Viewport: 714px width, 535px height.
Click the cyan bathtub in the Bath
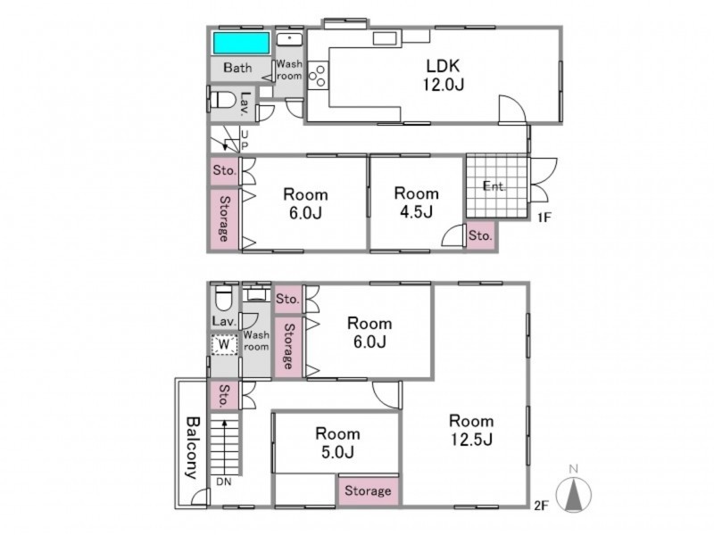point(241,43)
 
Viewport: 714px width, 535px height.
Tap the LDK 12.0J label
point(443,75)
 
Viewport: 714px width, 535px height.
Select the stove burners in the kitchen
point(318,76)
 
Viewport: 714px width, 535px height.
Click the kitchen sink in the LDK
point(386,38)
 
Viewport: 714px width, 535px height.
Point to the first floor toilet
point(223,100)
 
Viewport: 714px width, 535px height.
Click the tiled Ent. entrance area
point(497,186)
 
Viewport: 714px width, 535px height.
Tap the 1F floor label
point(544,218)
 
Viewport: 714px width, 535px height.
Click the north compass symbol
point(574,490)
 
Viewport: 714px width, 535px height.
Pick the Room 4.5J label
point(416,202)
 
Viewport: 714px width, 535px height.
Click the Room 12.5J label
point(471,430)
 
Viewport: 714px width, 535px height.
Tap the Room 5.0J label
point(337,442)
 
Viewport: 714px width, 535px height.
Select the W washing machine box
point(224,345)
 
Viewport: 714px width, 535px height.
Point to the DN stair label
point(224,481)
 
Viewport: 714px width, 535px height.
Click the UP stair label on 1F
point(245,140)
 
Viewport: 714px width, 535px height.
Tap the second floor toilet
point(224,297)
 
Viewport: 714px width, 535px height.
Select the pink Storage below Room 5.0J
point(368,490)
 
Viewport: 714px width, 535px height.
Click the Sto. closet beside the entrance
point(480,235)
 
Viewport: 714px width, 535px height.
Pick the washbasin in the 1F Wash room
point(289,39)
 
